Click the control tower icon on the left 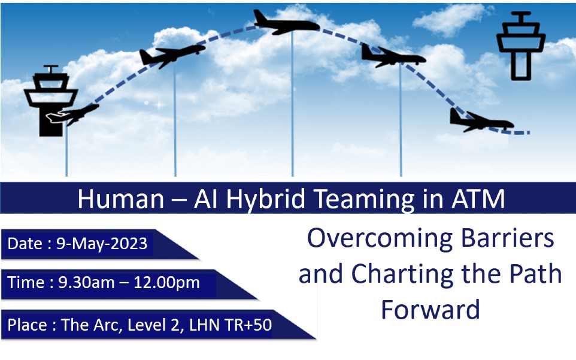[51, 101]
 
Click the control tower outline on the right [521, 46]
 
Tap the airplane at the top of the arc [286, 23]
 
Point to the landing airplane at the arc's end [481, 120]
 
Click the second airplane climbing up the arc [172, 56]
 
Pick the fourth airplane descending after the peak [393, 56]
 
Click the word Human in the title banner [121, 199]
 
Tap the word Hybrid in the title [266, 199]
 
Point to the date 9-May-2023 [102, 244]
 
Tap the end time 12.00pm [167, 283]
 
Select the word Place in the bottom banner [27, 325]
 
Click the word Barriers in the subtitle [507, 238]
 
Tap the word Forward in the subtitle [431, 309]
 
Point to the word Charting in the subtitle [402, 275]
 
